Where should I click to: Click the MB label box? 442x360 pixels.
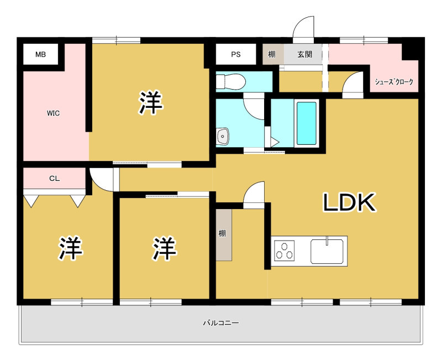click(x=40, y=54)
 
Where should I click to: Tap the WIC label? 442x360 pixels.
click(x=53, y=113)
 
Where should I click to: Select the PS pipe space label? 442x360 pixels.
click(x=236, y=54)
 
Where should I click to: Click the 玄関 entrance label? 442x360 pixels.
click(x=305, y=54)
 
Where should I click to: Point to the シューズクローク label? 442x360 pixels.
click(x=394, y=82)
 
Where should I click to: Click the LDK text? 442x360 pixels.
click(x=349, y=202)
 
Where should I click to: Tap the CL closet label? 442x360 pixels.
click(x=54, y=179)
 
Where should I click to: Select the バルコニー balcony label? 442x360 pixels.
click(x=221, y=322)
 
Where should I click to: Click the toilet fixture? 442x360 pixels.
click(x=230, y=82)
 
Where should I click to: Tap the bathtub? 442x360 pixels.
click(x=307, y=123)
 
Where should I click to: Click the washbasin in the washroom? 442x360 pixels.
click(x=223, y=137)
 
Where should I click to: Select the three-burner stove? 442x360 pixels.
click(x=284, y=251)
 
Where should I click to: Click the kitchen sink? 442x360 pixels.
click(x=327, y=251)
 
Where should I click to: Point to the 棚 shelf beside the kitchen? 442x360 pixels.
click(x=224, y=234)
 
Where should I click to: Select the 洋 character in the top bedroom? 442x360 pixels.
click(x=150, y=102)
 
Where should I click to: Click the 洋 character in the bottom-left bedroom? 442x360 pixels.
click(x=71, y=248)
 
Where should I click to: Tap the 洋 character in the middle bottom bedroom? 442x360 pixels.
click(x=165, y=248)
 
